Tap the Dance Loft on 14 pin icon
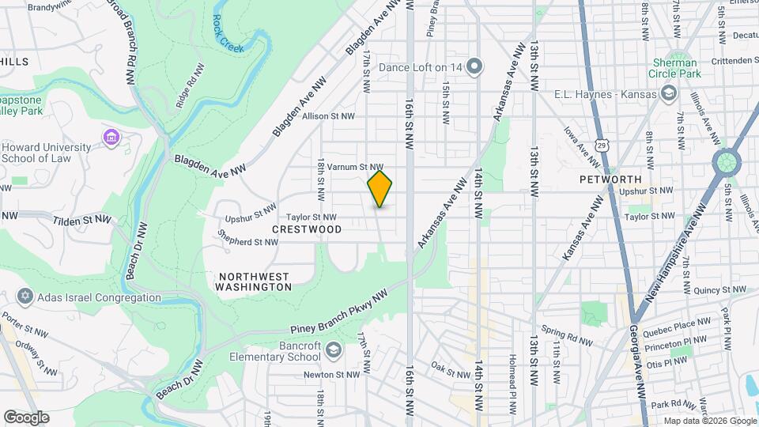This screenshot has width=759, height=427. click(474, 66)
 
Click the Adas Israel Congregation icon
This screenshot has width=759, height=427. click(25, 297)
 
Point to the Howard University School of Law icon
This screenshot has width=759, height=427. click(111, 139)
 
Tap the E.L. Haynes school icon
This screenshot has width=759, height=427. click(669, 94)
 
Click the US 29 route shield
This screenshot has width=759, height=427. click(603, 145)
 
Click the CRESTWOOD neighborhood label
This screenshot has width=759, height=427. click(307, 229)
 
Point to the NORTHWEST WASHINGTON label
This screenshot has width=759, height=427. click(255, 282)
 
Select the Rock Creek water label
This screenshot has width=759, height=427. click(228, 36)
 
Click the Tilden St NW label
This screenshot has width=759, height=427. click(79, 221)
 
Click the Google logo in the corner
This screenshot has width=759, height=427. click(26, 417)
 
